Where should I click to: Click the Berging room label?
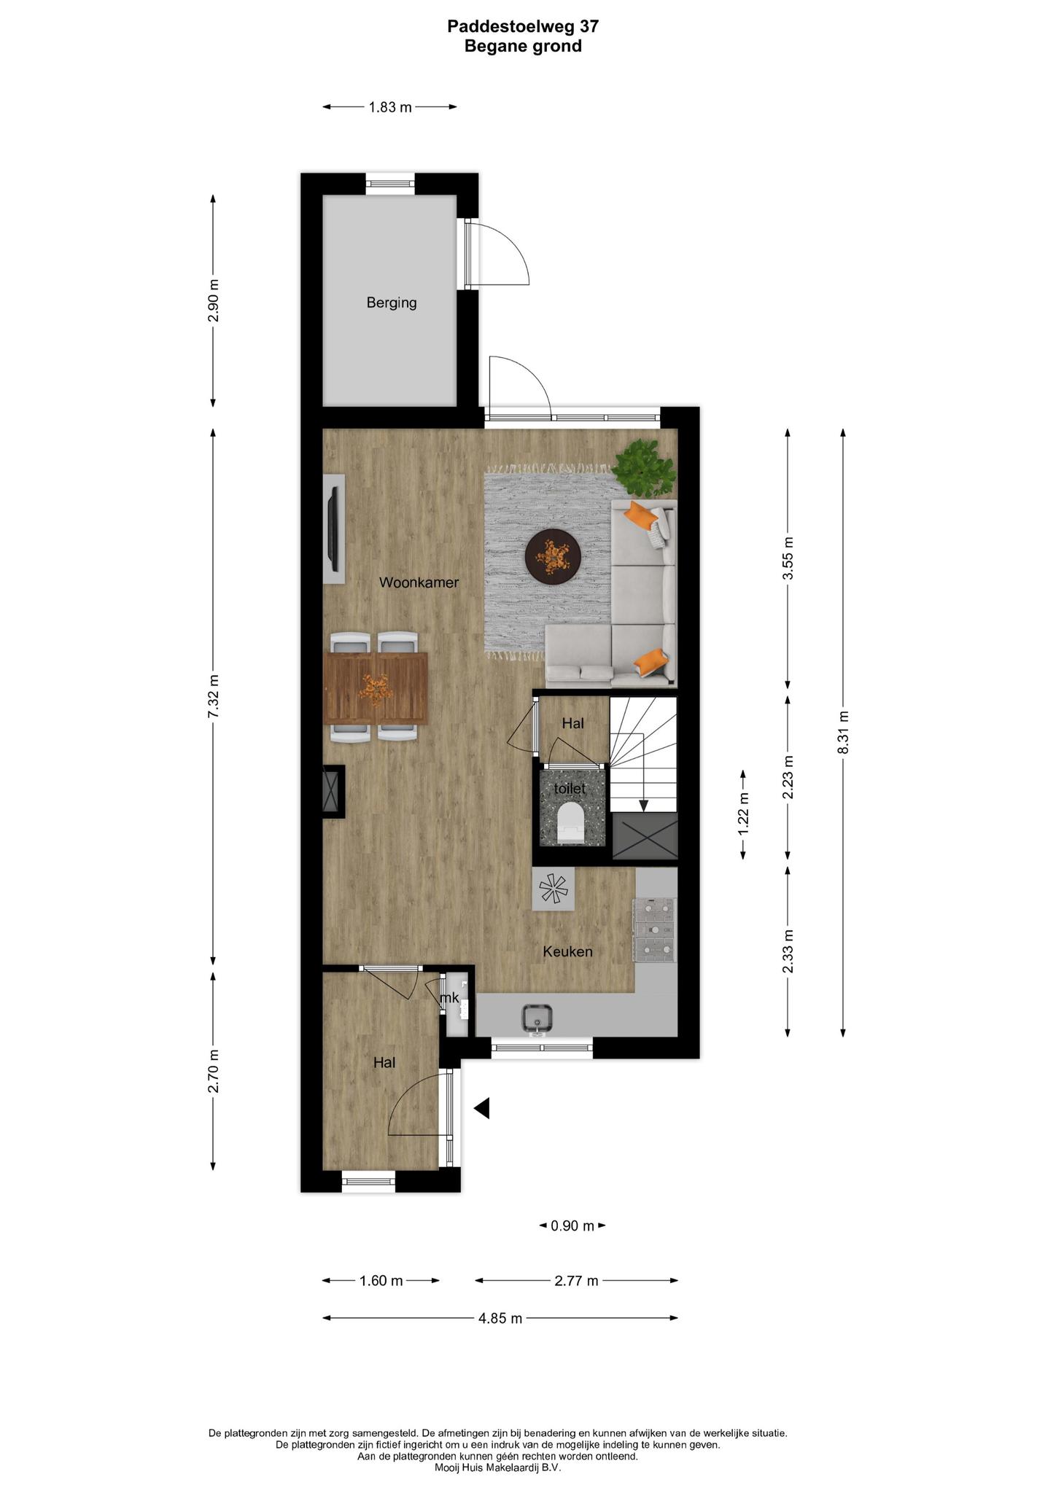pos(392,303)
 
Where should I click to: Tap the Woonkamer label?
pos(419,582)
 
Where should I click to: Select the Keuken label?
pos(567,951)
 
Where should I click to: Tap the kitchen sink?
pos(538,1018)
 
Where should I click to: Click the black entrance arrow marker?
pos(482,1109)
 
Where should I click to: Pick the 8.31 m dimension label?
pos(843,732)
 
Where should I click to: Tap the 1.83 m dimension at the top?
pos(390,107)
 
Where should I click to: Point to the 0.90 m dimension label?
pos(572,1225)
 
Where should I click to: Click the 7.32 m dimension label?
pos(213,695)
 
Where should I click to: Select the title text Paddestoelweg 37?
pos(524,27)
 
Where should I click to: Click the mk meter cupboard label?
pos(450,998)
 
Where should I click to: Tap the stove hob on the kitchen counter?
pos(656,930)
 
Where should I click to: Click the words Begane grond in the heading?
pos(524,47)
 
